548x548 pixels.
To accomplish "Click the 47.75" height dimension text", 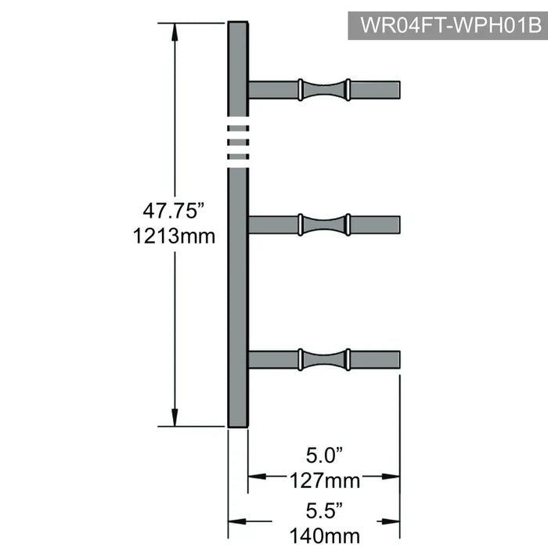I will [x=173, y=211].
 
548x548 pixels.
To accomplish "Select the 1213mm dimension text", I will [x=173, y=235].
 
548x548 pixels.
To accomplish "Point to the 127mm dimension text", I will [x=324, y=478].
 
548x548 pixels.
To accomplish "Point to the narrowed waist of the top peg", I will [x=324, y=90].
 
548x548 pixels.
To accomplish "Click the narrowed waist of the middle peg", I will [x=324, y=225].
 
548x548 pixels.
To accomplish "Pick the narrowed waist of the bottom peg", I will [x=324, y=359].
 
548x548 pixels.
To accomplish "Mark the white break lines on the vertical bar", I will [x=238, y=145].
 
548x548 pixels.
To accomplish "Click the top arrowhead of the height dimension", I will [x=175, y=30].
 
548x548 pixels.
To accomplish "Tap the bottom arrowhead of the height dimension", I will [x=175, y=420].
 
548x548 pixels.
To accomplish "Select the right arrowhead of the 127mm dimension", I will [x=394, y=474].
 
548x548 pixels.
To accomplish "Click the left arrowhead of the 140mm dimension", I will [x=234, y=521].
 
